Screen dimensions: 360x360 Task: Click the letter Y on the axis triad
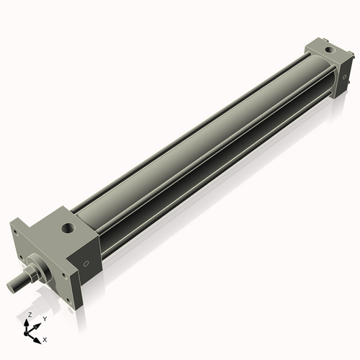pos(44,318)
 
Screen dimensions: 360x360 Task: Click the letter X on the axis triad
pos(45,338)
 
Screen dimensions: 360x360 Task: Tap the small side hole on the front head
pos(87,264)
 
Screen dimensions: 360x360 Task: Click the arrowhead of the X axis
pos(39,338)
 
